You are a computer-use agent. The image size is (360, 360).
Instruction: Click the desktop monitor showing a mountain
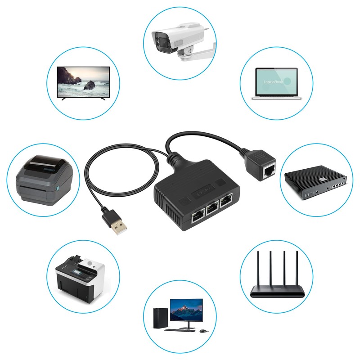186,310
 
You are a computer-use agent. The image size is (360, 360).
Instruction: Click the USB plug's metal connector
119,229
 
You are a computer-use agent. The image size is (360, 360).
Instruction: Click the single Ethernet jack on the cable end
269,170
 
